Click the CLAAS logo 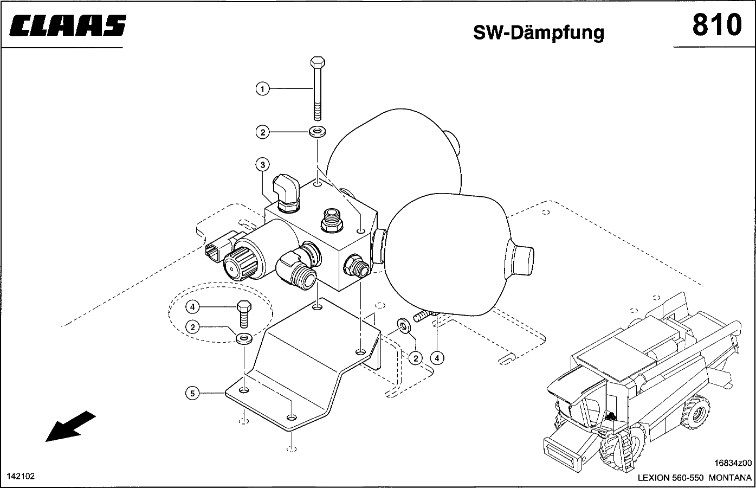click(x=68, y=25)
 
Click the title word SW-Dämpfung click(x=538, y=32)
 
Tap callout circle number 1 click(x=262, y=88)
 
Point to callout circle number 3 click(x=262, y=164)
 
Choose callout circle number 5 click(x=193, y=393)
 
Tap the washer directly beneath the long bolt click(x=316, y=131)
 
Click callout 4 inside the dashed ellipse click(x=193, y=307)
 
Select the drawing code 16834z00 click(x=733, y=463)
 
